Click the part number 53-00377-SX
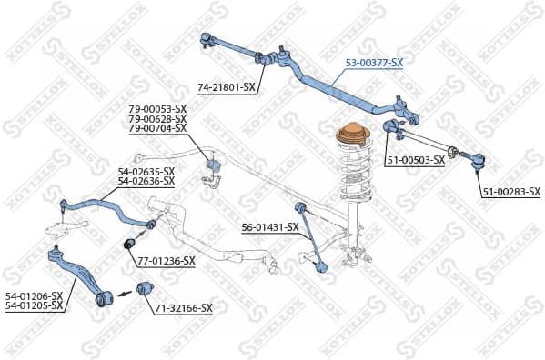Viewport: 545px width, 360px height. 373,65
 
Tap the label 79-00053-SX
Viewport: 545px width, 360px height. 157,110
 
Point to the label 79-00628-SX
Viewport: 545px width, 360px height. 157,119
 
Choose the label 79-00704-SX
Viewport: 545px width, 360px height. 157,128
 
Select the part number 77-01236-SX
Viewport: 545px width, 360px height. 166,261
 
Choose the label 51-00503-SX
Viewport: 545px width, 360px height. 415,160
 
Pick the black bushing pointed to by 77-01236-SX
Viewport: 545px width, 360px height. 129,243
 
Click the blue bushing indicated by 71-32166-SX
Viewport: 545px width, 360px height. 142,289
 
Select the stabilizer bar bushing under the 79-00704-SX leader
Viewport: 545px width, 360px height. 215,166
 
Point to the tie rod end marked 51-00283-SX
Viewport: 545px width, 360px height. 477,161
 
